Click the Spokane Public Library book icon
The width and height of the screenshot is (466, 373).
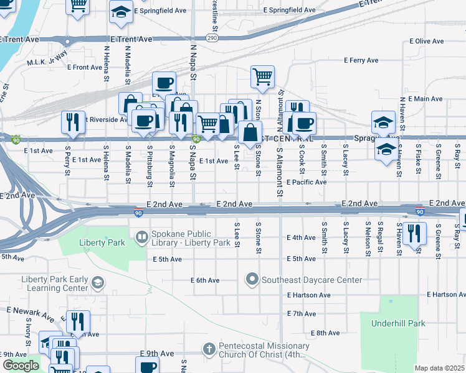tap(142, 237)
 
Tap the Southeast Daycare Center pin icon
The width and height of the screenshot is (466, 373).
tap(252, 279)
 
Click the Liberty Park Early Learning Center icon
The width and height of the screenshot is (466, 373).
tap(97, 283)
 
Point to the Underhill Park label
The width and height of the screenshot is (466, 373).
tap(397, 323)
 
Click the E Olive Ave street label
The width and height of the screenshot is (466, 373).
tap(427, 41)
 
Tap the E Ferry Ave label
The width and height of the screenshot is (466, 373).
tap(361, 60)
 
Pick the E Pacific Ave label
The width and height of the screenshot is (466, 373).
tap(307, 182)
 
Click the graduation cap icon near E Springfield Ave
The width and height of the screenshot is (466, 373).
tap(121, 11)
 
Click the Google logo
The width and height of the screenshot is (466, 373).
tap(20, 366)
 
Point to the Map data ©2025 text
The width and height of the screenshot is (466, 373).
tap(439, 368)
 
